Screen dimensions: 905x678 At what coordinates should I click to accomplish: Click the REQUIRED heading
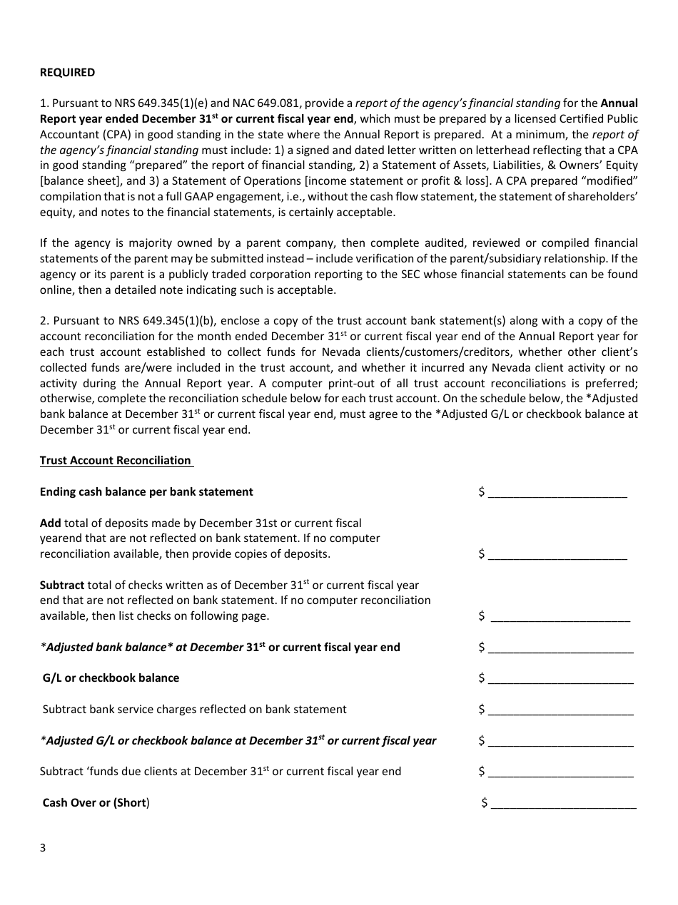tap(67, 73)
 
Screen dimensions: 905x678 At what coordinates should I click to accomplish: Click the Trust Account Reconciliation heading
tap(116, 461)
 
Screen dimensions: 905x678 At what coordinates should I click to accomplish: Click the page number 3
tap(43, 848)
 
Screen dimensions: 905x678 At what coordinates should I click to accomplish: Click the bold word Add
tap(50, 523)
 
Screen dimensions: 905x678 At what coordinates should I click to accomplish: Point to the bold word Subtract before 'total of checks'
tap(62, 586)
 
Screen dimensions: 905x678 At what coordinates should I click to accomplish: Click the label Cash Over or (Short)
tap(96, 803)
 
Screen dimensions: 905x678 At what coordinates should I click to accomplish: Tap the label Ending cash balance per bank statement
tap(146, 492)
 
